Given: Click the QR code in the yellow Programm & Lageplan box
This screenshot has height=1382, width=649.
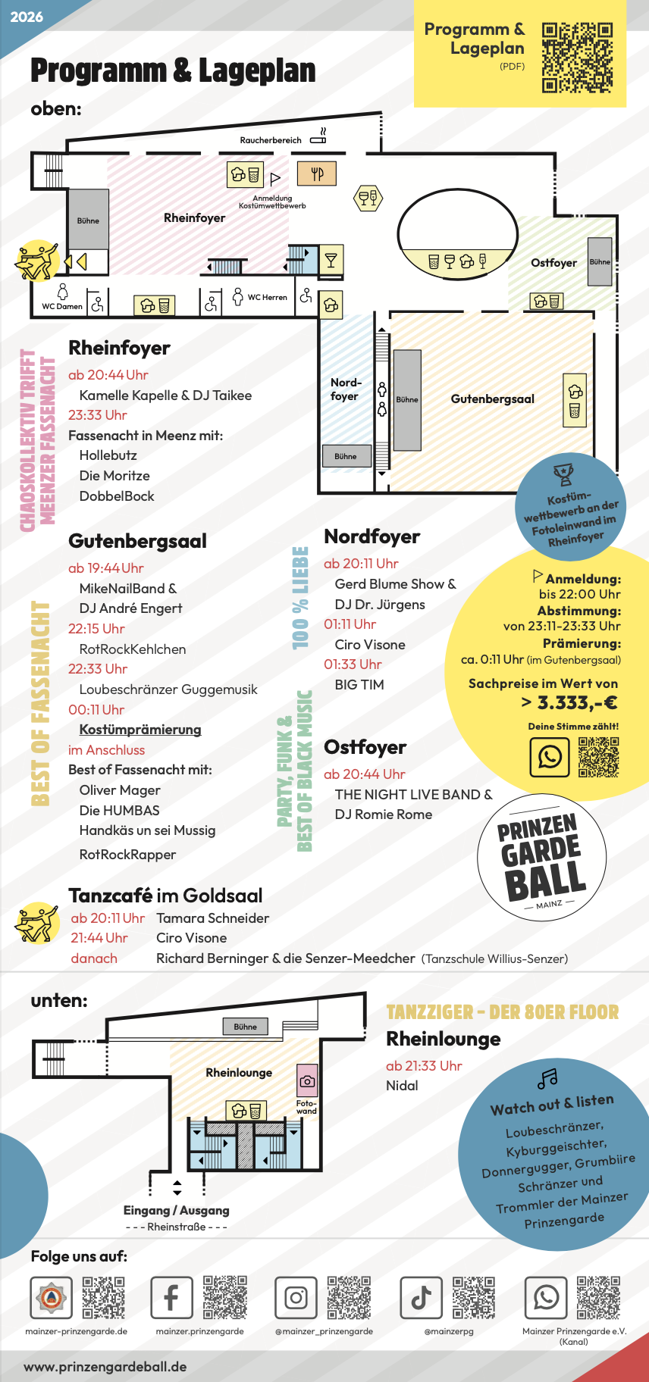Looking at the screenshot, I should pos(577,58).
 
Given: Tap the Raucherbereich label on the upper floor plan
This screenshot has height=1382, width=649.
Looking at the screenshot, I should pos(271,140).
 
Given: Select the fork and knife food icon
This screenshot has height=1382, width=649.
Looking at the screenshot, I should pos(317,174).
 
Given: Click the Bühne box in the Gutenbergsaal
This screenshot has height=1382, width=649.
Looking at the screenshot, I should pos(407,399).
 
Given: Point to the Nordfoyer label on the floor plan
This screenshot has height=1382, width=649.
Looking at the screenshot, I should pos(345,389).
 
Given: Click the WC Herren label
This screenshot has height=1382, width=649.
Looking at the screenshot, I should pos(267,297).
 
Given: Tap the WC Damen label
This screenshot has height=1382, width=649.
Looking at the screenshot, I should pos(62,306).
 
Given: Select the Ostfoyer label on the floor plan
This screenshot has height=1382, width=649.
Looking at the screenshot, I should pos(553,263).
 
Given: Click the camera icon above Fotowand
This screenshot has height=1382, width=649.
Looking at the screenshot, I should pos(307,1081).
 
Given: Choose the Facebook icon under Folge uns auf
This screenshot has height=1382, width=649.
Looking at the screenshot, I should pos(171,1298).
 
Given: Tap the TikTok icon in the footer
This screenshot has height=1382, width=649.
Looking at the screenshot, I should pos(422,1298).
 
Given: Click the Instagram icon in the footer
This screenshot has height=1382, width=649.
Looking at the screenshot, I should pos(296,1298).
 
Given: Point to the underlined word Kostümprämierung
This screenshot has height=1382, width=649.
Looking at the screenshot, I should pos(140,730).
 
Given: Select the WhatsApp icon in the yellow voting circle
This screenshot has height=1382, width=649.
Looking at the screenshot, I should pos(550,756).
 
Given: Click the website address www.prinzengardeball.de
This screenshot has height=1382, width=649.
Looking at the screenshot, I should pos(105,1367).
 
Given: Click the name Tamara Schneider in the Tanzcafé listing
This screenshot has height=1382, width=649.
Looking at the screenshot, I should pos(213,918).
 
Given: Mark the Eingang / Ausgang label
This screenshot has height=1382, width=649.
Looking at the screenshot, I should pos(177,1211).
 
